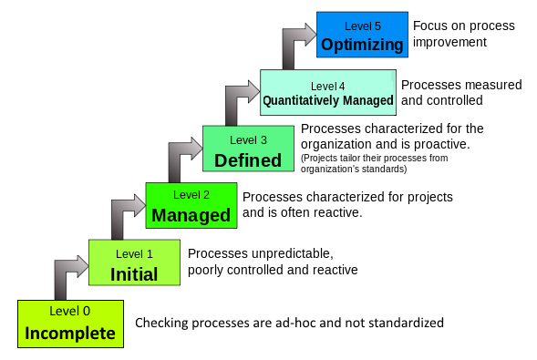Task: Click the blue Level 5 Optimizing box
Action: tap(362, 35)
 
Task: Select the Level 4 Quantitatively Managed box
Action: tap(328, 92)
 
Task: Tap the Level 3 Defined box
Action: tap(248, 149)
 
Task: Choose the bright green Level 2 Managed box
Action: tap(191, 205)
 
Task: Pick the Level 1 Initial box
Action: tap(134, 262)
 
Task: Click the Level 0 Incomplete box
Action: tap(70, 324)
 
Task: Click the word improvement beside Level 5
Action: tap(449, 42)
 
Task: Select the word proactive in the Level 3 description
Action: tap(442, 144)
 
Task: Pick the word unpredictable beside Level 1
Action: tap(292, 254)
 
